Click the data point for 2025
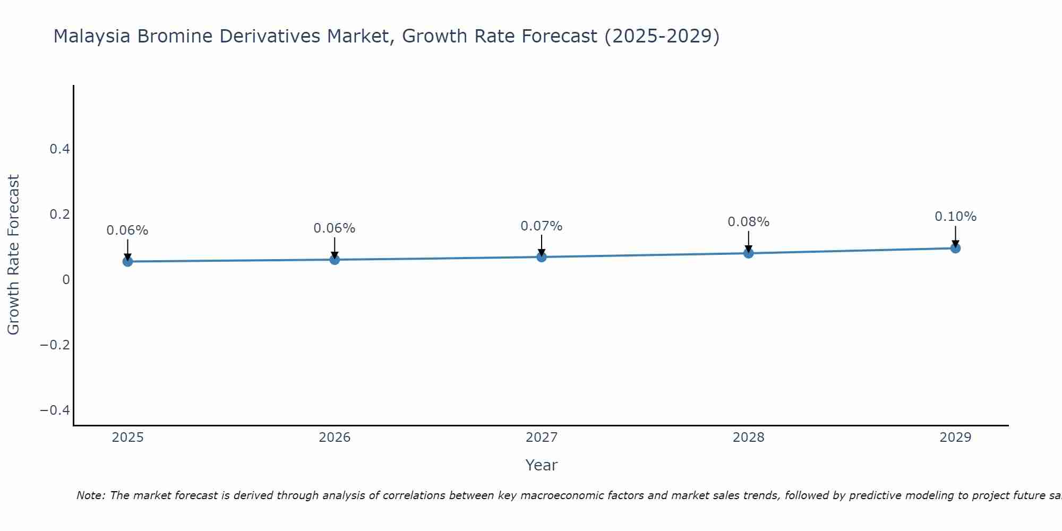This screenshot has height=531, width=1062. [x=127, y=261]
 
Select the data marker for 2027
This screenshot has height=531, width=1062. [x=542, y=257]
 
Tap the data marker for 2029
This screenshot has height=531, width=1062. [x=955, y=248]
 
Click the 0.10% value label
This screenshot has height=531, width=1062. [x=955, y=217]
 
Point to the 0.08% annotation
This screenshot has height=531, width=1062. [x=748, y=222]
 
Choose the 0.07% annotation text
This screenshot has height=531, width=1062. [x=541, y=226]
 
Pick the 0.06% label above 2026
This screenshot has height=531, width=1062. [x=334, y=228]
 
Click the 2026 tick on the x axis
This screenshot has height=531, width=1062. [x=335, y=438]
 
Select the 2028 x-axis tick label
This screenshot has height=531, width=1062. [x=748, y=438]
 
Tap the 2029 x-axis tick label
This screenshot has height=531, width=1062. [x=955, y=438]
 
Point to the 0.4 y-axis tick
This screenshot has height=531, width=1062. [x=60, y=149]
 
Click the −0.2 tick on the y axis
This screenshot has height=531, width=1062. [x=55, y=345]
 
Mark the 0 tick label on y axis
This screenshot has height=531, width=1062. [x=66, y=280]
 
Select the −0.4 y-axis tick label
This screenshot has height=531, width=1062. [x=55, y=410]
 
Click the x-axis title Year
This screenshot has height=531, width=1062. [x=541, y=465]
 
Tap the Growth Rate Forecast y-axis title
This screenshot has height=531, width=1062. [x=13, y=255]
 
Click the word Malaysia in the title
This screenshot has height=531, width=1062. [x=92, y=37]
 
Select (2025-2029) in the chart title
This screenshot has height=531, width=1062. [x=662, y=37]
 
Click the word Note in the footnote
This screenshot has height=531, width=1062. [x=90, y=495]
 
